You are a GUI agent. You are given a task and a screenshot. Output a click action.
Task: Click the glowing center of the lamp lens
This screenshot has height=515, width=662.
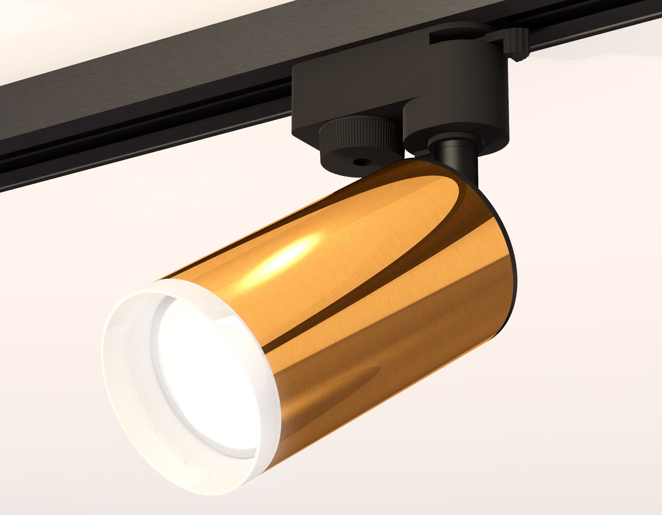click(206, 386)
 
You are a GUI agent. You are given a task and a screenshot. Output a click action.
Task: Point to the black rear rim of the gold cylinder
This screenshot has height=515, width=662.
click(513, 257)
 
